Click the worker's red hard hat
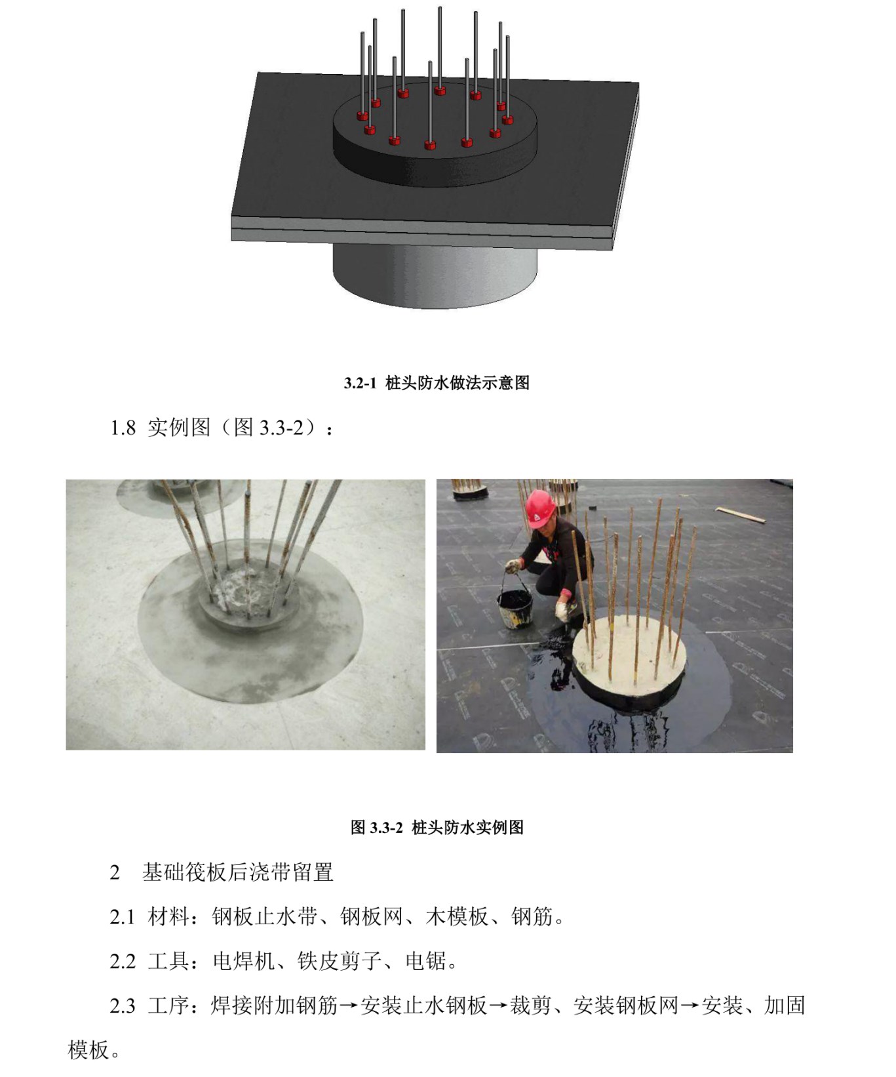click(x=541, y=507)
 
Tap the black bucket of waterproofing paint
click(x=515, y=608)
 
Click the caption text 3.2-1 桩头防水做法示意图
click(x=437, y=383)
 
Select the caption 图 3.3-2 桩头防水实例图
click(x=437, y=827)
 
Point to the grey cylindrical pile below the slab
click(x=435, y=275)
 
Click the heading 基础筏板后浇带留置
click(x=238, y=872)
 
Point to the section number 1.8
click(x=123, y=428)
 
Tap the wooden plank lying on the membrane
click(x=740, y=515)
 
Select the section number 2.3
click(x=123, y=1006)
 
